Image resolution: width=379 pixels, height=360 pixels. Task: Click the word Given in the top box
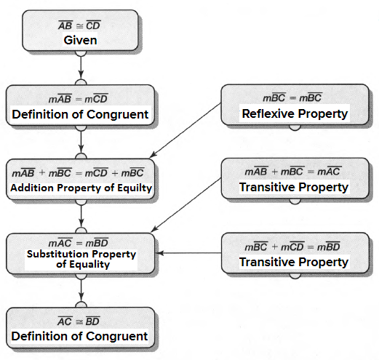point(81,40)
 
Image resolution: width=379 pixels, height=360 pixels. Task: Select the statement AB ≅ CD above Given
point(81,25)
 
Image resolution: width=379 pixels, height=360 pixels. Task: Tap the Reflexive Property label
point(294,113)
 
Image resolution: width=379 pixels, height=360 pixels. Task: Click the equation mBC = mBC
point(293,97)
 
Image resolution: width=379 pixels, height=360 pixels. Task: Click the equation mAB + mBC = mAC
point(293,172)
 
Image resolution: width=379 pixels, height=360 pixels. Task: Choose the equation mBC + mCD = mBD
point(293,247)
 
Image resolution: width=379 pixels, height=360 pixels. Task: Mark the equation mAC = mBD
point(81,242)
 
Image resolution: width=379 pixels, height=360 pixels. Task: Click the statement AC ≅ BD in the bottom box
point(81,321)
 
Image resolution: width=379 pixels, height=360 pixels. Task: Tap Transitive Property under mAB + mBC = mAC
point(294,188)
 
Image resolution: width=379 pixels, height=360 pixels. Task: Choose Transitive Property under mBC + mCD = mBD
point(294,262)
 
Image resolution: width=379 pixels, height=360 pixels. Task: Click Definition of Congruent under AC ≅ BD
point(80,336)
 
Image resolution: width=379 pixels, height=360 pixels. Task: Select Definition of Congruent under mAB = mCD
point(80,114)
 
